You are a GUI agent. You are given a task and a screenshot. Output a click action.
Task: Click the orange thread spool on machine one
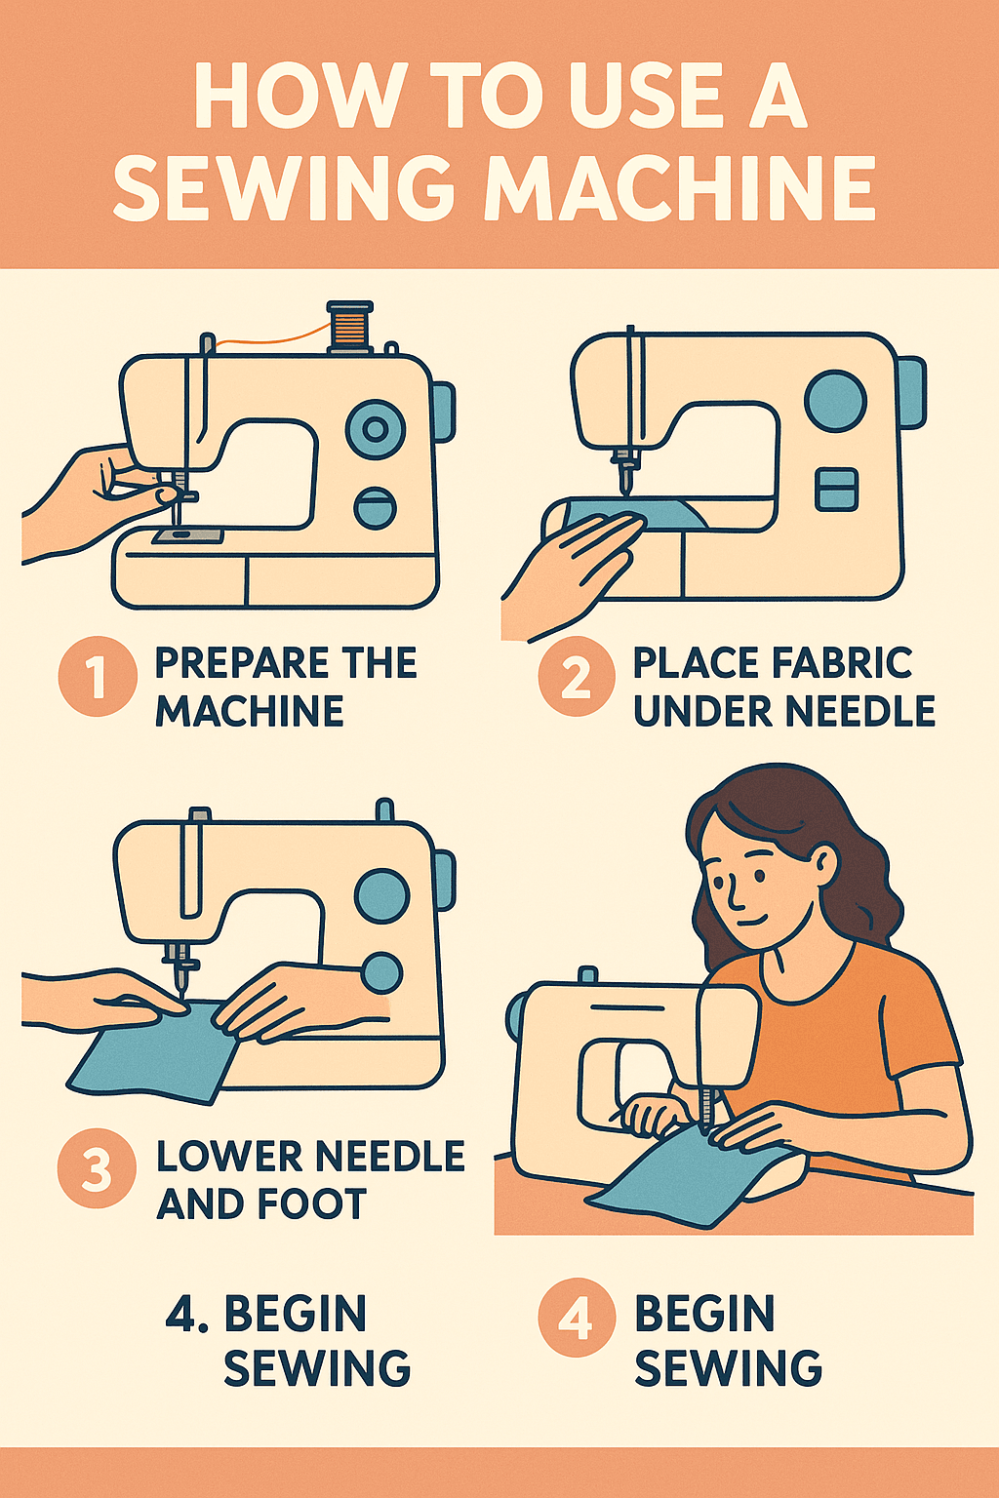click(x=350, y=327)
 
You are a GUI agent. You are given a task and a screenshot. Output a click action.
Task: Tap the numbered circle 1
click(x=97, y=676)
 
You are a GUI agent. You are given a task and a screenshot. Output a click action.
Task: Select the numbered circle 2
click(x=577, y=676)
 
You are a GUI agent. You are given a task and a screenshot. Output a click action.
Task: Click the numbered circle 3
click(x=97, y=1168)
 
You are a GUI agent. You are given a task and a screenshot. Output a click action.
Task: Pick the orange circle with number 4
click(x=577, y=1318)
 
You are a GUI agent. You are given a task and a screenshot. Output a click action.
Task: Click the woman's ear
click(x=822, y=862)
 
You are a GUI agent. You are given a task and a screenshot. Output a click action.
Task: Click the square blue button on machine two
click(x=837, y=489)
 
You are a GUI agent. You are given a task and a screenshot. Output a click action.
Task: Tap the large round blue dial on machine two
click(x=835, y=401)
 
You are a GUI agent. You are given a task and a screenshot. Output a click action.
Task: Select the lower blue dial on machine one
click(x=376, y=508)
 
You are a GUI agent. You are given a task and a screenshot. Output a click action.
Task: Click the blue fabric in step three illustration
click(x=156, y=1053)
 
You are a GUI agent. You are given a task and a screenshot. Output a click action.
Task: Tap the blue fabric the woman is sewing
click(x=683, y=1170)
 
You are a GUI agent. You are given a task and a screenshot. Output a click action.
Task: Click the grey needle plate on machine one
click(x=186, y=535)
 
